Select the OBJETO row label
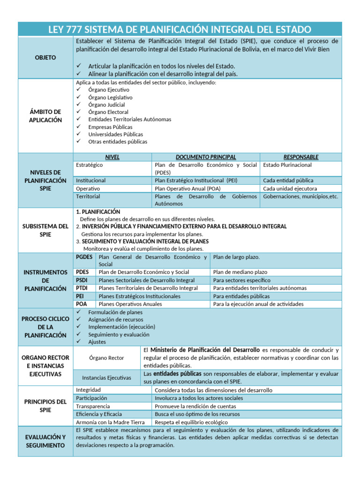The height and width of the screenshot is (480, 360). [45, 57]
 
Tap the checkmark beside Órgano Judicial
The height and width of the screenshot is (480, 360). [79, 105]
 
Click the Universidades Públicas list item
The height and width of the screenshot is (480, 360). [116, 134]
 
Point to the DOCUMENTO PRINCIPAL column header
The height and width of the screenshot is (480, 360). [206, 157]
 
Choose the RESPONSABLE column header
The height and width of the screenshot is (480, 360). [301, 157]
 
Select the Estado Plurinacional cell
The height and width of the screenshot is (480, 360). [287, 165]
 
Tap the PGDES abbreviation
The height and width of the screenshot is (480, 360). [84, 257]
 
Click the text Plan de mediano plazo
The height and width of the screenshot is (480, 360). [240, 272]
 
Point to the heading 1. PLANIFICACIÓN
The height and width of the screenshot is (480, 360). [98, 212]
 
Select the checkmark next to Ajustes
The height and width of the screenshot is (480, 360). [79, 342]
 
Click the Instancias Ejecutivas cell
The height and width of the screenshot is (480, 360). [106, 377]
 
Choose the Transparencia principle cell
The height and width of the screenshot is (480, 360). [93, 406]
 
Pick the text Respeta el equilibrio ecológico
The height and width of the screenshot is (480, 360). [195, 422]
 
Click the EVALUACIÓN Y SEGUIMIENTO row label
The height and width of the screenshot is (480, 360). [45, 441]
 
